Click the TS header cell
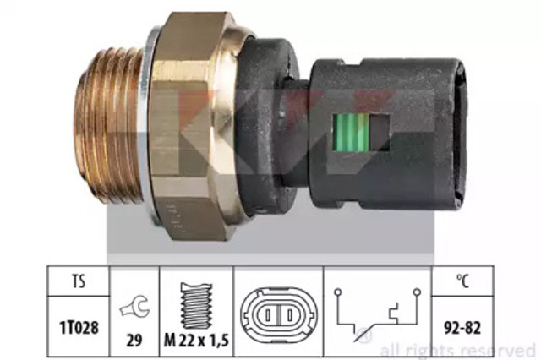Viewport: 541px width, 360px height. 79,281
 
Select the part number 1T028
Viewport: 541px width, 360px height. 79,327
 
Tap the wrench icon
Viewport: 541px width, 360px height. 135,306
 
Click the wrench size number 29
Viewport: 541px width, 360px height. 134,341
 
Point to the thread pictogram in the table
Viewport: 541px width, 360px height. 197,306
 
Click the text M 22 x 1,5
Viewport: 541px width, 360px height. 197,341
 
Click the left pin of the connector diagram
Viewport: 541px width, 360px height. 268,315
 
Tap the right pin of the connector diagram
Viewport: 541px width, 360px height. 289,315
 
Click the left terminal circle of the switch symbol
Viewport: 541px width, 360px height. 338,292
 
